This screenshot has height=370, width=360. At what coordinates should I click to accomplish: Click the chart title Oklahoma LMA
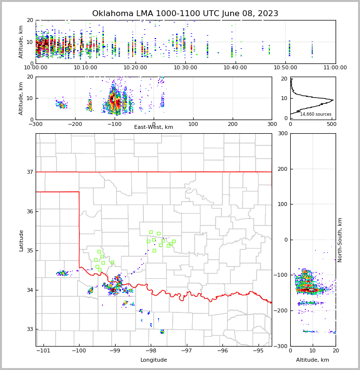tap(185, 14)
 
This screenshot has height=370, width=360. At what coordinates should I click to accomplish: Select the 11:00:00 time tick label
tap(335, 67)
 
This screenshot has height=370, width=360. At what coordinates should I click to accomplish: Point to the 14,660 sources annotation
tap(316, 114)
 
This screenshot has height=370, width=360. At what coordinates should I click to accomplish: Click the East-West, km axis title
tap(154, 127)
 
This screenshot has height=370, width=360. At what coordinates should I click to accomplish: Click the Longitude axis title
tap(154, 360)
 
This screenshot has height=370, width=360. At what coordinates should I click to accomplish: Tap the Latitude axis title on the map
tap(21, 240)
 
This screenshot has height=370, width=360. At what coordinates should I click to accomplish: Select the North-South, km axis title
tap(340, 240)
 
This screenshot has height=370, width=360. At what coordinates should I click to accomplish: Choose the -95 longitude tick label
tap(258, 350)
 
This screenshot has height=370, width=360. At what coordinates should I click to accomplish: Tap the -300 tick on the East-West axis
tap(36, 124)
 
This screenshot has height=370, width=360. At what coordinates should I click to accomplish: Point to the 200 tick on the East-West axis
tap(233, 124)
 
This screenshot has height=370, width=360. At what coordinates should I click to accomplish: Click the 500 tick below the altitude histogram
tap(331, 124)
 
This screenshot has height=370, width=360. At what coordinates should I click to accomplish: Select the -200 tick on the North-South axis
tap(281, 310)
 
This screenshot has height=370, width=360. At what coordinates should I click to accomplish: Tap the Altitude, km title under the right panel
tap(313, 360)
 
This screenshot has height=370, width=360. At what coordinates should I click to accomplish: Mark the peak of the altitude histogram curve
tap(333, 100)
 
